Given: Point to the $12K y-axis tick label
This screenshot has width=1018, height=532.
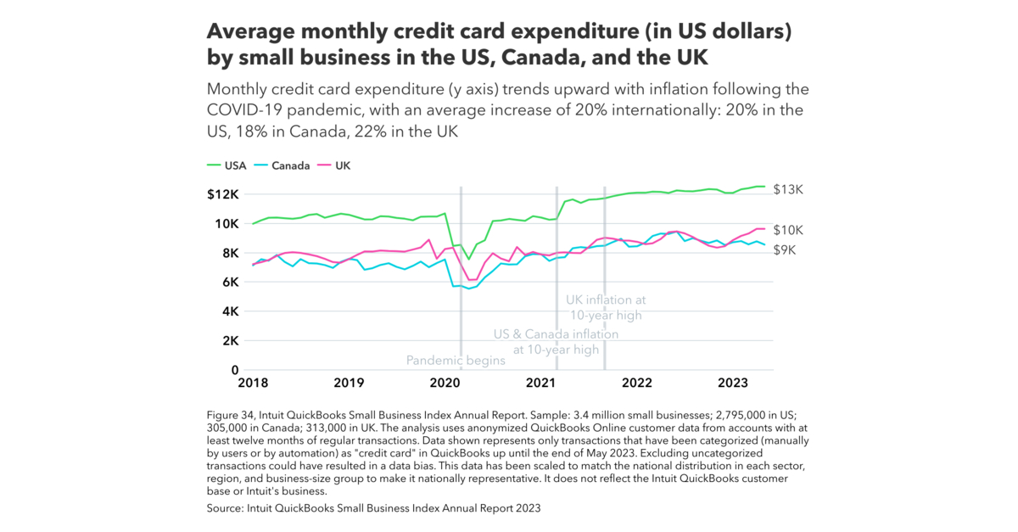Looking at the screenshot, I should (x=224, y=194).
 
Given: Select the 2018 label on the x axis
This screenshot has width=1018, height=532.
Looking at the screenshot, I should (x=253, y=384).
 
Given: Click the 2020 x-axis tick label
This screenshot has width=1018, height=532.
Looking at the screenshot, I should (x=445, y=384).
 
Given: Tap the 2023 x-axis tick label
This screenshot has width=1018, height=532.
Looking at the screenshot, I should (x=733, y=384).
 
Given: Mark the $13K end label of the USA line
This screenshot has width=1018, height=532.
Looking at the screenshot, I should (x=788, y=189).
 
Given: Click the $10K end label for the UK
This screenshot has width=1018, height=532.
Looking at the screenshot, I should (x=788, y=230).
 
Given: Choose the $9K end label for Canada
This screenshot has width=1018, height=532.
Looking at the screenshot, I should (x=785, y=250).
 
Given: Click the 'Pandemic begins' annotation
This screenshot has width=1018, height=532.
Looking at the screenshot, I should (x=456, y=361).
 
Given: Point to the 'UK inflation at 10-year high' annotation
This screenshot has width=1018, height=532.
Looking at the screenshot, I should (x=606, y=307).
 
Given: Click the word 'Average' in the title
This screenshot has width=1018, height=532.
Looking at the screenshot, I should (x=250, y=32).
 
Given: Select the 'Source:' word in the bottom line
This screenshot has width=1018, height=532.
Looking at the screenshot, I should (x=227, y=508).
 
